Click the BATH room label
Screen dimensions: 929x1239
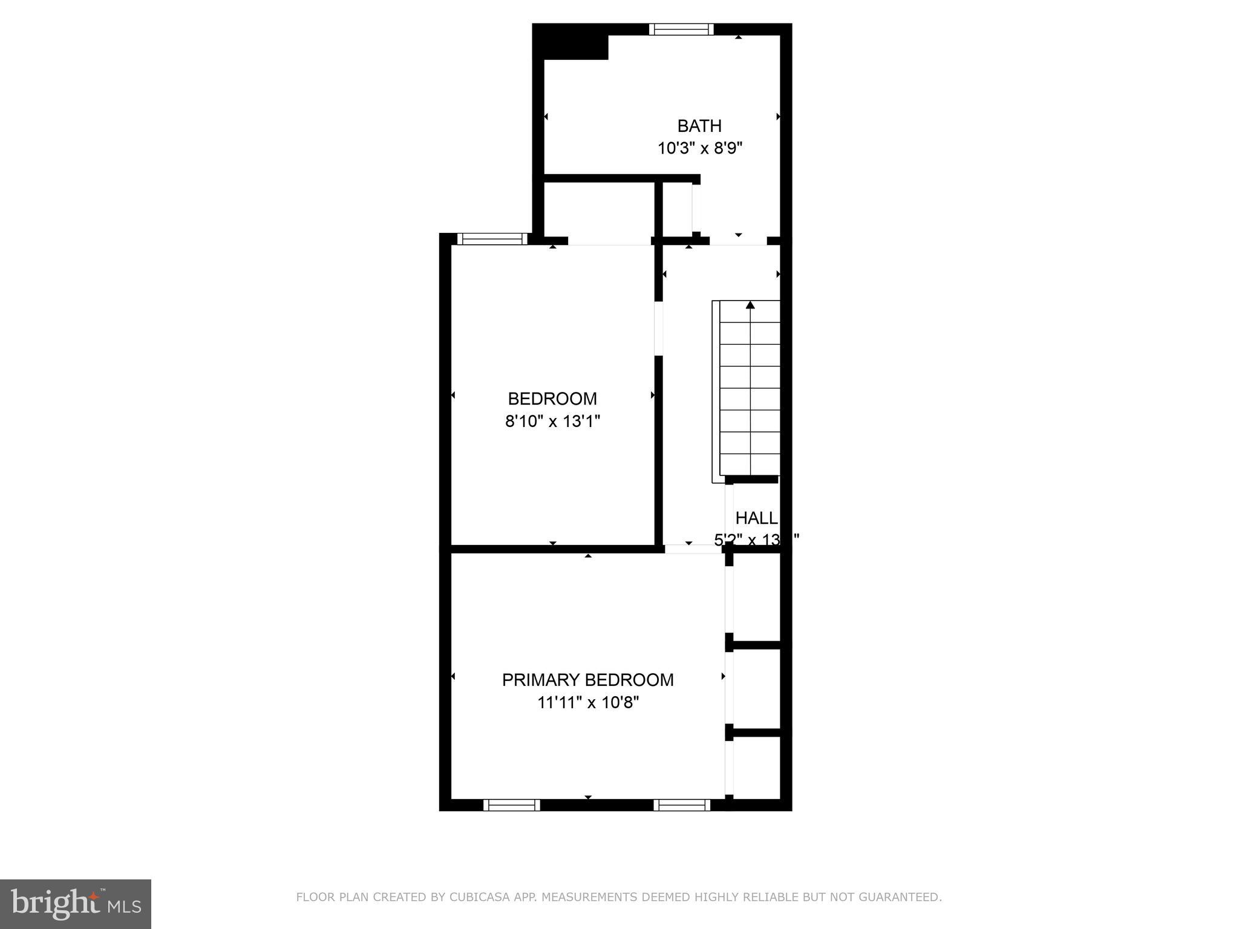(x=699, y=126)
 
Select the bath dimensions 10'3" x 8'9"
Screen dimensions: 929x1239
(x=700, y=148)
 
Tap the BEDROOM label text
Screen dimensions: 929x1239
(x=552, y=399)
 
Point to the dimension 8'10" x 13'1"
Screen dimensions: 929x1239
(x=552, y=421)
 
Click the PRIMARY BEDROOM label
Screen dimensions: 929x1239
(x=587, y=680)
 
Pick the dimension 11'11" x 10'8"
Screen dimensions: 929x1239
(x=588, y=703)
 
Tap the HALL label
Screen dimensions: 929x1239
(x=756, y=518)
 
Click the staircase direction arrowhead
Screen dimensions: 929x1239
(x=750, y=305)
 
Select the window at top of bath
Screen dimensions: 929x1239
(x=681, y=29)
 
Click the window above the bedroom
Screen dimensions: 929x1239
(x=492, y=239)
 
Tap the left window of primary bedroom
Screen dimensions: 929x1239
(x=511, y=805)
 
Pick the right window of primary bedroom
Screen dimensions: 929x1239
(x=682, y=805)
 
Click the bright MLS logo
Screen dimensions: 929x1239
(x=76, y=904)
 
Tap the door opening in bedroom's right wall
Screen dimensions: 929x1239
(x=659, y=328)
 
